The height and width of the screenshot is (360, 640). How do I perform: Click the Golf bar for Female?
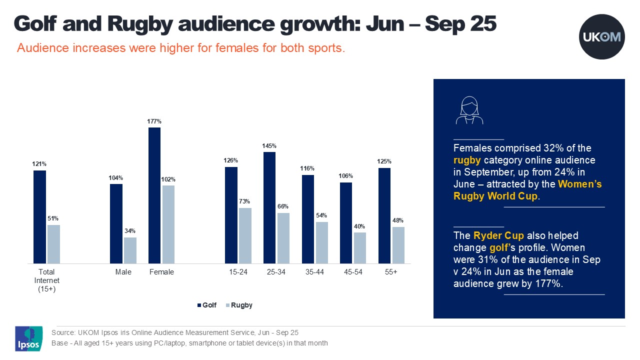(x=154, y=195)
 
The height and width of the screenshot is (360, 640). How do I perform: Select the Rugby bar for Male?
(x=130, y=250)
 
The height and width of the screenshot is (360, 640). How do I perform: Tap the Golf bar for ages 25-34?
(x=269, y=207)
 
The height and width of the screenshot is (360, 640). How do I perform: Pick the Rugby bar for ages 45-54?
(x=359, y=248)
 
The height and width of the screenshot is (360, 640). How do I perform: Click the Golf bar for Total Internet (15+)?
(x=39, y=217)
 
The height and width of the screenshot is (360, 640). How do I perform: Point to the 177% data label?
(x=154, y=121)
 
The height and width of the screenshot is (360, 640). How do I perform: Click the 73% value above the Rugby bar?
(x=245, y=201)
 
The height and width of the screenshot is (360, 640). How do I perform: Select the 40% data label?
(x=359, y=226)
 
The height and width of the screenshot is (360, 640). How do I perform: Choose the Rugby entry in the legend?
(x=239, y=305)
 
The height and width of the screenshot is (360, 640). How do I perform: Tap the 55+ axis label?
(x=391, y=272)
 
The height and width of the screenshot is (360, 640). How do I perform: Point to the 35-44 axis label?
(x=314, y=272)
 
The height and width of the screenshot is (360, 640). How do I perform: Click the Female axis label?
(x=161, y=272)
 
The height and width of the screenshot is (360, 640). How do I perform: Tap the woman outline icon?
(x=469, y=111)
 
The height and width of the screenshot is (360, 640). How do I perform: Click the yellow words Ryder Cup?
(x=495, y=235)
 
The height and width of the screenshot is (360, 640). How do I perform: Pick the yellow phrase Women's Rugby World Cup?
(x=527, y=190)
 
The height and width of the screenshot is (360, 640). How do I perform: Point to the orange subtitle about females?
(x=181, y=48)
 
